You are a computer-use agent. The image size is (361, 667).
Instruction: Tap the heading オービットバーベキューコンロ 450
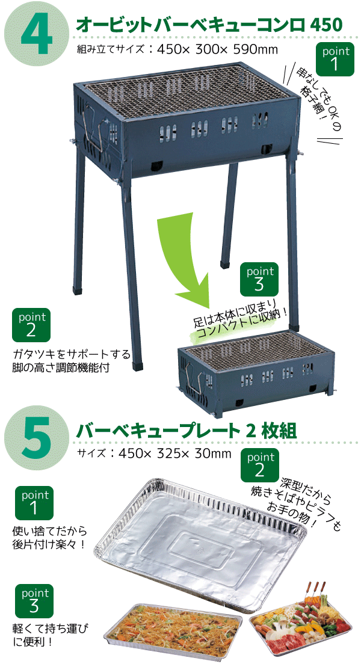(209, 25)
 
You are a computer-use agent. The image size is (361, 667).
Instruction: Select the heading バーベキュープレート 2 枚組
(186, 430)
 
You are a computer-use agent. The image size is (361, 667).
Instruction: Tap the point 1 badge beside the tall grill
(336, 59)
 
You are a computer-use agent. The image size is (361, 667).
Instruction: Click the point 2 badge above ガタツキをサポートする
(31, 325)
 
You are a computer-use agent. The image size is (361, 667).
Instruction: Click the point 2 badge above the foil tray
(260, 465)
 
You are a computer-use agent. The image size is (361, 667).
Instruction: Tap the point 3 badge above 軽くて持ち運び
(34, 601)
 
